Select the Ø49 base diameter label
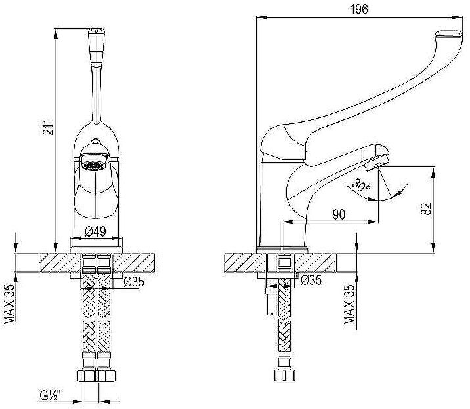point(97,231)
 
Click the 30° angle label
point(360,185)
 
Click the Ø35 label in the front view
point(133,283)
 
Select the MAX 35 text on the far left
point(9,304)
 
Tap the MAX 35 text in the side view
point(350,305)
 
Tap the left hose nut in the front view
point(87,378)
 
